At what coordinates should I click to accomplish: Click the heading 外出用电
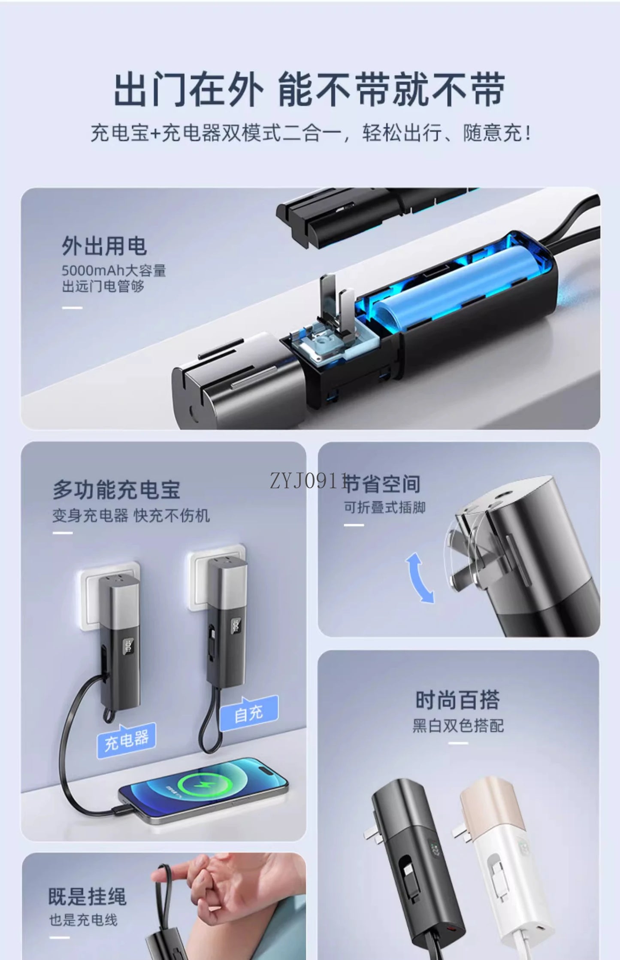coord(104,246)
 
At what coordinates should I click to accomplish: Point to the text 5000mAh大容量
coord(114,270)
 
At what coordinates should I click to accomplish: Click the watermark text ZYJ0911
coord(307,481)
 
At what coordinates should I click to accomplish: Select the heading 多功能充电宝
coord(116,490)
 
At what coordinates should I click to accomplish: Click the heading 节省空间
coord(382,484)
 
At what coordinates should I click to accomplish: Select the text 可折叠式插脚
coord(384,507)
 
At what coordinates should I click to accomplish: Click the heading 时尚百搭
coord(457,700)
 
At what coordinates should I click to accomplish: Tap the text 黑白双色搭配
coord(458,726)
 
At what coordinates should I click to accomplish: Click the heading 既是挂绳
coord(87,896)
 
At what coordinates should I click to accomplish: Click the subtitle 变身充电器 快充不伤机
coord(131,515)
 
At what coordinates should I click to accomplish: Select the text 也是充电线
coord(83,920)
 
